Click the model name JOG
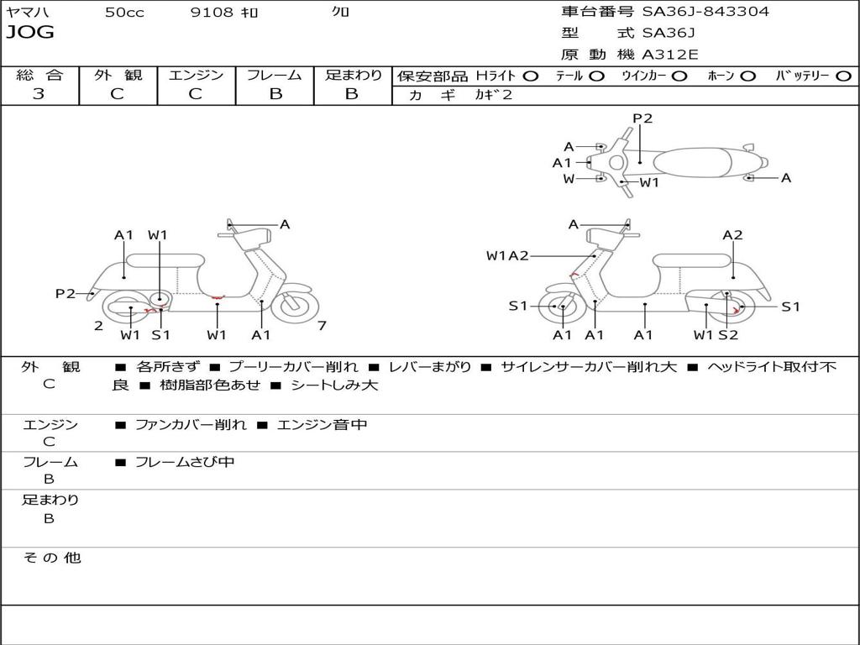tap(30, 33)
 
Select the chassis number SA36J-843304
tap(705, 12)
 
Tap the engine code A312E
tap(670, 55)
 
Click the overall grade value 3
tap(39, 94)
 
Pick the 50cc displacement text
tap(124, 12)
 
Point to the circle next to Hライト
tap(531, 76)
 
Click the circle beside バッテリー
tap(844, 76)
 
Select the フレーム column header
tap(275, 75)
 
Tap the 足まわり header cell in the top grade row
tap(354, 75)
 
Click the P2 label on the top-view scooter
tap(642, 118)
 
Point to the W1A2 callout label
tap(507, 255)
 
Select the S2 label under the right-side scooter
tap(728, 334)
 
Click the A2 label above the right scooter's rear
tap(732, 235)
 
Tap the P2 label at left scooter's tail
tap(66, 293)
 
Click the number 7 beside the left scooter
tap(322, 326)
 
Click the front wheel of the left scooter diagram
tap(291, 303)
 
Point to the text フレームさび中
tap(185, 463)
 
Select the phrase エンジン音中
tap(322, 424)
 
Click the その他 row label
tap(51, 558)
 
